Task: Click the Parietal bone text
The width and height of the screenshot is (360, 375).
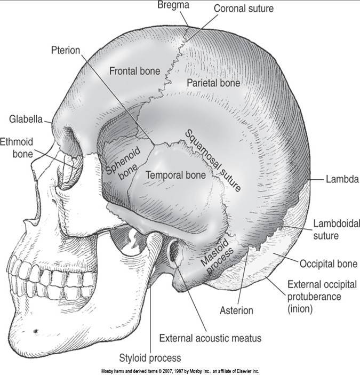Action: [x=213, y=83]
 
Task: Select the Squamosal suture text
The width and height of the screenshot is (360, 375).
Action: [x=212, y=160]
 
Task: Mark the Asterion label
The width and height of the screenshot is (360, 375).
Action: [x=237, y=309]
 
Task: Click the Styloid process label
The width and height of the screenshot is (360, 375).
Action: [x=150, y=357]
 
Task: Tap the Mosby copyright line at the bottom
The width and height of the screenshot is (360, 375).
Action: [x=179, y=371]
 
